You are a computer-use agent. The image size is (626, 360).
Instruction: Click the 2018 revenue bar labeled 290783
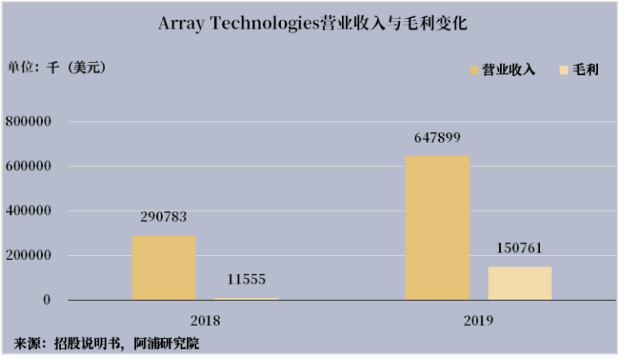(x=164, y=267)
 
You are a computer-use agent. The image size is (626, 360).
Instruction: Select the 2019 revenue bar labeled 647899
(x=437, y=228)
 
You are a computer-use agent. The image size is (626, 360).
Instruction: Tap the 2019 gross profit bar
(x=519, y=283)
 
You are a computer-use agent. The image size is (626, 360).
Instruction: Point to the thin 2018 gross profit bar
(x=246, y=299)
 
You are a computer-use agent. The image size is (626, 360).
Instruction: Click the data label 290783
(x=164, y=217)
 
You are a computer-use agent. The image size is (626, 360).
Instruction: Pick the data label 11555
(x=246, y=279)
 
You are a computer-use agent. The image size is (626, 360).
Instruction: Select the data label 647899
(x=437, y=138)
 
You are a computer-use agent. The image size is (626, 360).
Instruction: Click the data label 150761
(x=519, y=248)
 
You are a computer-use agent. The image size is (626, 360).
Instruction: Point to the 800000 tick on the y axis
(x=28, y=122)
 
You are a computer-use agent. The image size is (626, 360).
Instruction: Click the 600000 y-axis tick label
(x=28, y=166)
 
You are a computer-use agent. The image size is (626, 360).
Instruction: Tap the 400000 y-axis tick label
(x=28, y=211)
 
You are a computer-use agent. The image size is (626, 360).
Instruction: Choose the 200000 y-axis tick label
(x=28, y=256)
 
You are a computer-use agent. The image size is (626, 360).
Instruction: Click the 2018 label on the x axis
(x=205, y=320)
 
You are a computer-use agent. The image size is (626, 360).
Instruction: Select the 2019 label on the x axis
(x=478, y=320)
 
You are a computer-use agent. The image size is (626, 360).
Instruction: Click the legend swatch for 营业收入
(x=474, y=70)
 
